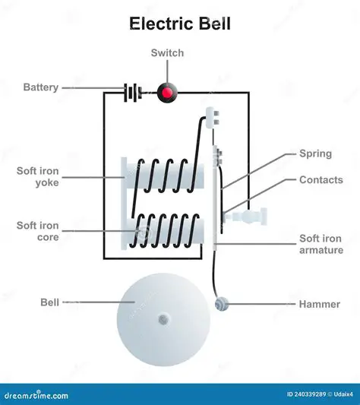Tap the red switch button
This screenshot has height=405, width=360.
pyautogui.click(x=165, y=93)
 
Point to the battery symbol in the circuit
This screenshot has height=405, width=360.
pyautogui.click(x=134, y=93)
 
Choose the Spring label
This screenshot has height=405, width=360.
pyautogui.click(x=314, y=153)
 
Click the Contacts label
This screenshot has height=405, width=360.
pyautogui.click(x=321, y=180)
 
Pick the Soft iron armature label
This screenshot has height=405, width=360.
pyautogui.click(x=321, y=244)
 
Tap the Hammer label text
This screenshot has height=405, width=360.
pyautogui.click(x=319, y=304)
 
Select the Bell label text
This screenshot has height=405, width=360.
pyautogui.click(x=49, y=302)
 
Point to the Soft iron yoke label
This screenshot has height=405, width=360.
pyautogui.click(x=37, y=176)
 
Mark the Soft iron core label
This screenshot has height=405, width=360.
pyautogui.click(x=37, y=231)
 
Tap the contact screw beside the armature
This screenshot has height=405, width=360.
pyautogui.click(x=250, y=217)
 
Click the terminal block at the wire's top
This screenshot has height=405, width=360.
pyautogui.click(x=211, y=116)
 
